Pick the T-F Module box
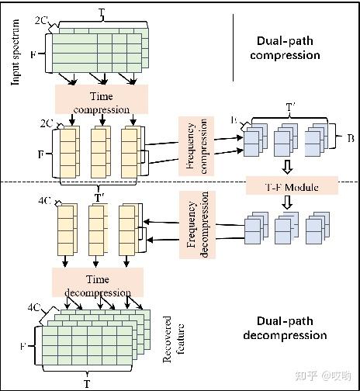pos(292,185)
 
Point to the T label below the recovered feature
pos(85,383)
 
